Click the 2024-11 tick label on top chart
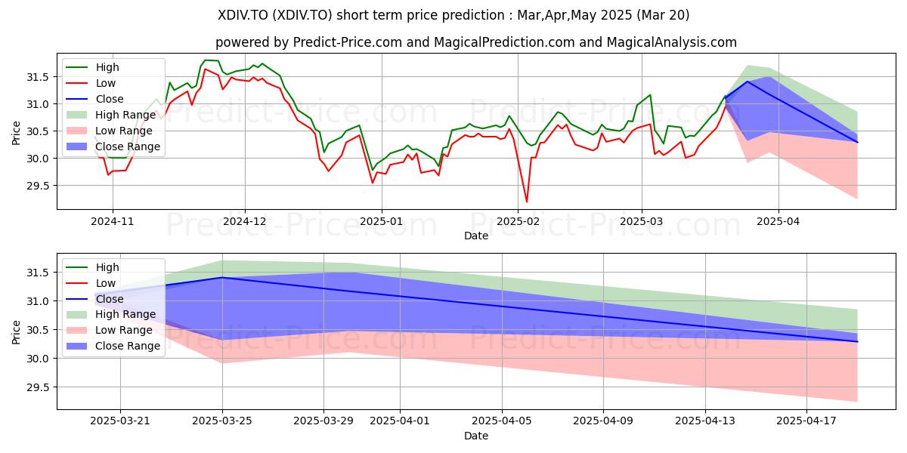[x=112, y=221]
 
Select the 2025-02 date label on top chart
[x=518, y=221]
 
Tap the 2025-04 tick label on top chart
[x=779, y=221]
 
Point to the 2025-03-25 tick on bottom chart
[x=222, y=421]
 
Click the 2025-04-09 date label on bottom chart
[x=603, y=421]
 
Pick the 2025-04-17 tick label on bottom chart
[x=806, y=421]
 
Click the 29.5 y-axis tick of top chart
[x=38, y=186]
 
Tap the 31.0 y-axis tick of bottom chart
[x=38, y=301]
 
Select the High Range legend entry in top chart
[x=110, y=115]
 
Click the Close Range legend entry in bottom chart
[x=113, y=347]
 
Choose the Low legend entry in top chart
[x=91, y=83]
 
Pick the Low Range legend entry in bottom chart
[x=110, y=330]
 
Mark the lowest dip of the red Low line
[x=526, y=202]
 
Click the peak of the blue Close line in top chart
[x=747, y=82]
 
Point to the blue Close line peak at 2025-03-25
[x=222, y=278]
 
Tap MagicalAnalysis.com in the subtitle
[x=671, y=42]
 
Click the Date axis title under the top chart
[x=476, y=236]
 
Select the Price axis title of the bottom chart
[x=16, y=332]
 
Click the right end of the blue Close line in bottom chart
[x=857, y=342]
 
